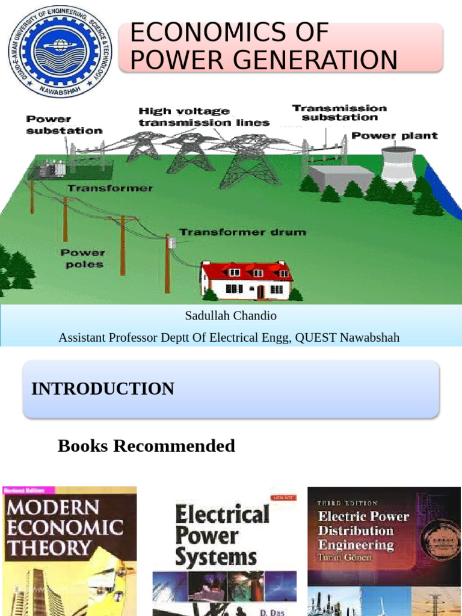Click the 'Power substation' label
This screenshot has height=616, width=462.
click(x=64, y=125)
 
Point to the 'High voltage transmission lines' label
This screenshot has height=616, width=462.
click(x=204, y=117)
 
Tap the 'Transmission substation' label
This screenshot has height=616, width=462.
click(x=339, y=112)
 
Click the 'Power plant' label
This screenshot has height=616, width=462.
click(x=395, y=136)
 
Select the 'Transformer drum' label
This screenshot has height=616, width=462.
click(x=242, y=232)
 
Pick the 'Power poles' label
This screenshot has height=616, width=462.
click(x=82, y=258)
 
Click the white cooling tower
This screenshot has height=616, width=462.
click(x=399, y=165)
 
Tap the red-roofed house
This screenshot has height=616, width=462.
click(x=247, y=280)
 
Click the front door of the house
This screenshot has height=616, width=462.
click(x=260, y=292)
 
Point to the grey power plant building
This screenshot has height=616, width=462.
click(x=342, y=178)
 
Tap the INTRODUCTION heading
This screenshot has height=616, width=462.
click(x=103, y=389)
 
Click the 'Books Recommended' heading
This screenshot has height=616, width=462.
click(x=146, y=446)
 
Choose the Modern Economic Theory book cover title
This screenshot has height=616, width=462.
click(x=64, y=528)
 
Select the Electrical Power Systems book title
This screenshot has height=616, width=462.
click(x=221, y=535)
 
